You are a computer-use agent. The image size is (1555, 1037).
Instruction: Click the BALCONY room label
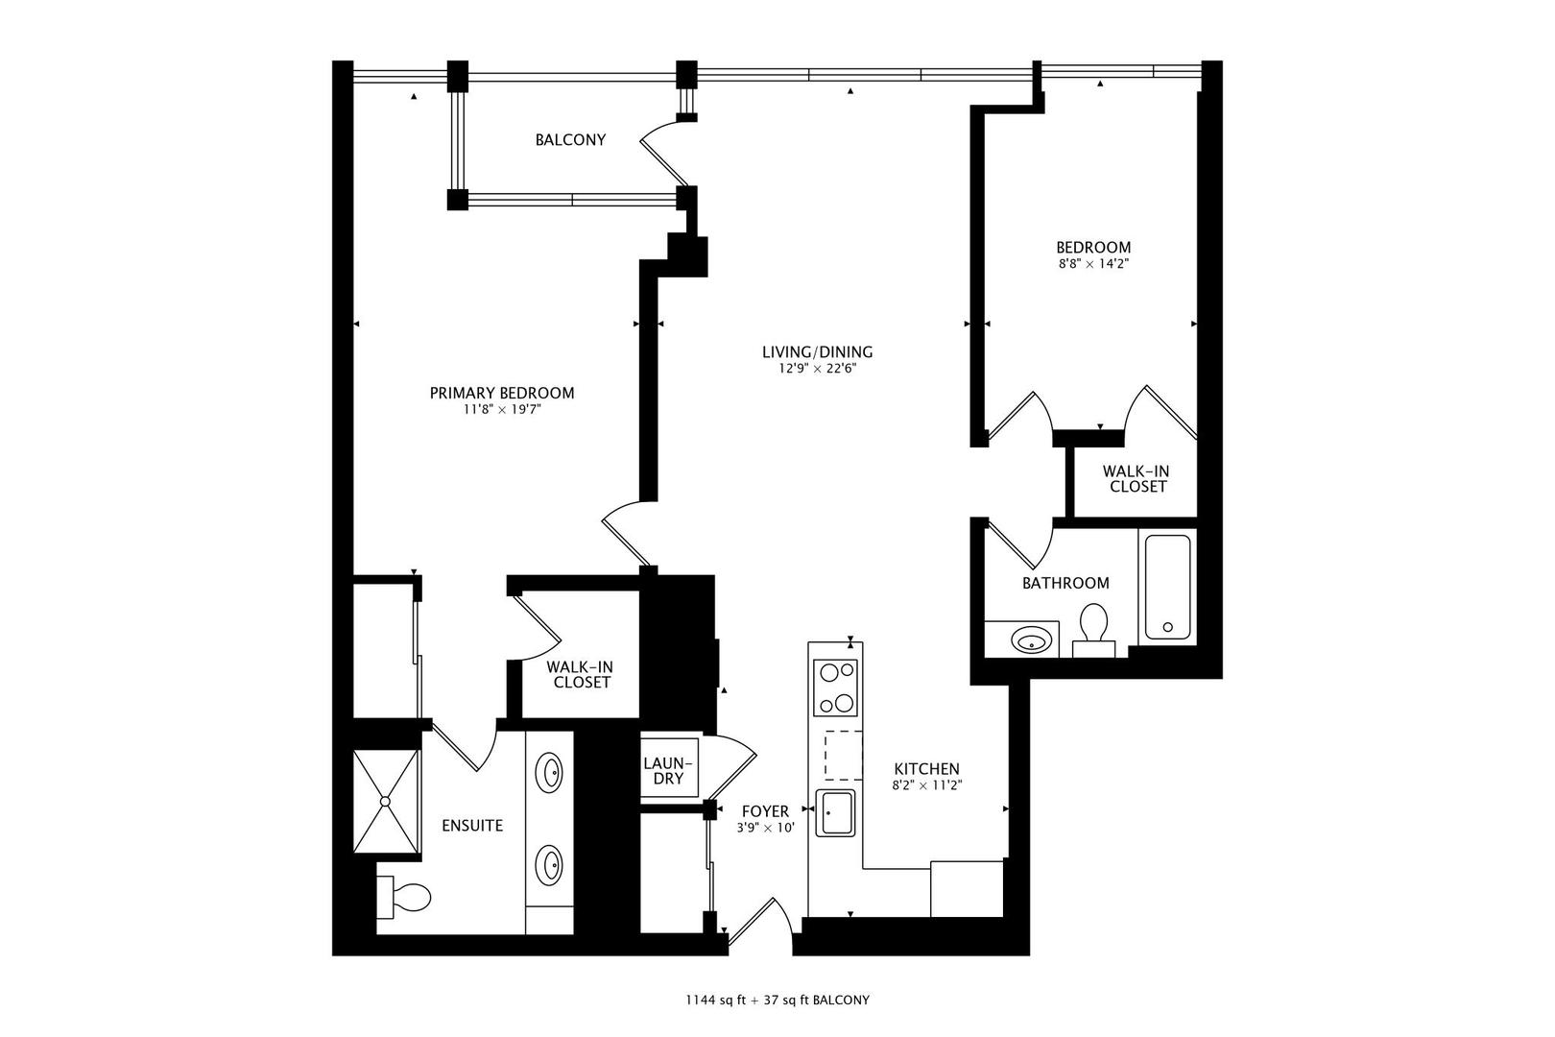pyautogui.click(x=570, y=140)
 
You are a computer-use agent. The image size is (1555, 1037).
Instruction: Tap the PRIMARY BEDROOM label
pyautogui.click(x=502, y=393)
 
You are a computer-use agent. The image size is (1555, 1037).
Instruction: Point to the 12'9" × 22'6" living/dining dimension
pyautogui.click(x=818, y=369)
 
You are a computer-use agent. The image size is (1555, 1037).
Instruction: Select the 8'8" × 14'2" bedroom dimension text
pyautogui.click(x=1093, y=264)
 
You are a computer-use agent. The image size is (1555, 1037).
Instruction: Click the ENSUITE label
pyautogui.click(x=472, y=826)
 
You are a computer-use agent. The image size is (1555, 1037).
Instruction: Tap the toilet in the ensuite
pyautogui.click(x=404, y=898)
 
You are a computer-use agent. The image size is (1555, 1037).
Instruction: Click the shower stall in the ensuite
pyautogui.click(x=386, y=801)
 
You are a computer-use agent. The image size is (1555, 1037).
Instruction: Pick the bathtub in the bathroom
pyautogui.click(x=1167, y=588)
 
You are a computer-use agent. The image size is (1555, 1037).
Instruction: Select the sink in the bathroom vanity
pyautogui.click(x=1031, y=639)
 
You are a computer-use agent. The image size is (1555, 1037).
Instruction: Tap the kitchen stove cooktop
pyautogui.click(x=836, y=687)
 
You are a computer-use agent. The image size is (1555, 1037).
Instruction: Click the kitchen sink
pyautogui.click(x=836, y=812)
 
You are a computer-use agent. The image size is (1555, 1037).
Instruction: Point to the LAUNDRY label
pyautogui.click(x=668, y=771)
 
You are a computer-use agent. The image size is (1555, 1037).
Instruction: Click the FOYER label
pyautogui.click(x=765, y=811)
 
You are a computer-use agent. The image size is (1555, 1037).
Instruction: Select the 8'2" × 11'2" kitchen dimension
pyautogui.click(x=926, y=786)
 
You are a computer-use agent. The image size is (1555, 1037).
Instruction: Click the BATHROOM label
pyautogui.click(x=1065, y=584)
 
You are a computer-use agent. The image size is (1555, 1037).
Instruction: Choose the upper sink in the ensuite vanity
pyautogui.click(x=549, y=772)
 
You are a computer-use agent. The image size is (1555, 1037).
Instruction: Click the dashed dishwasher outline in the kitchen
pyautogui.click(x=844, y=755)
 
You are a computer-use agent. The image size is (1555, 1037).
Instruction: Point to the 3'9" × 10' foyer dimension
pyautogui.click(x=765, y=828)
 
